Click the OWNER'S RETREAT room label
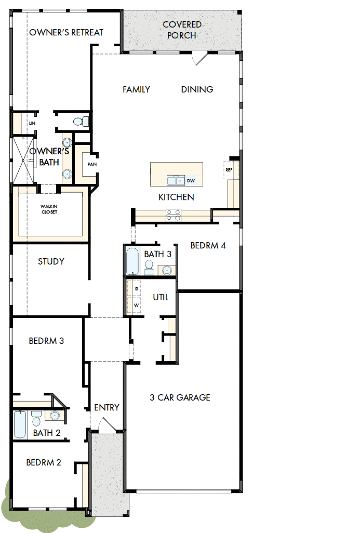[x=66, y=32]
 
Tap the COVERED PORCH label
[x=182, y=30]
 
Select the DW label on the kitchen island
[x=191, y=181]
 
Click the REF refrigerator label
[x=229, y=170]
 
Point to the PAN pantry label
[x=91, y=164]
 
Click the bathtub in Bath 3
[x=132, y=261]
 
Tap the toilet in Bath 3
[x=149, y=267]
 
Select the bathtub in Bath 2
[x=20, y=424]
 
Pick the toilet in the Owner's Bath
[x=79, y=122]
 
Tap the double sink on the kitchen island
[x=176, y=180]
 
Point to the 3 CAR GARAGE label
[x=180, y=397]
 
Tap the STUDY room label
[x=51, y=261]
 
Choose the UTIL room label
[x=161, y=298]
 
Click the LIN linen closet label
[x=32, y=123]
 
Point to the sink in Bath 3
[x=167, y=270]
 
